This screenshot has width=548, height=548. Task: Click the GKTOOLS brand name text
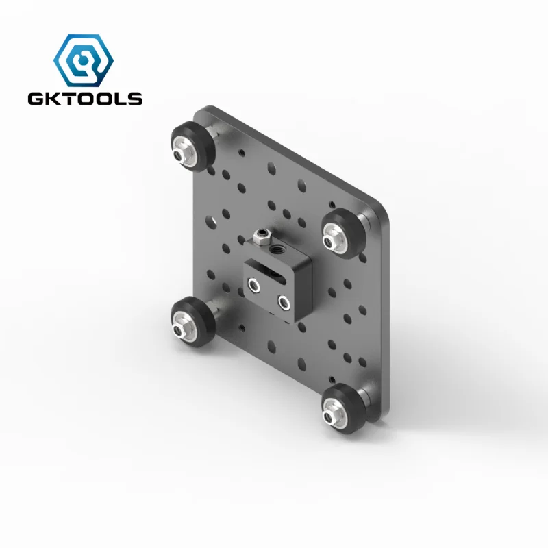(85, 99)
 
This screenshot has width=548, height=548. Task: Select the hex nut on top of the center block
(260, 237)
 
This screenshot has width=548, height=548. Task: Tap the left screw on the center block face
(255, 284)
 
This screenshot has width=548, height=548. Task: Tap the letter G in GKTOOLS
(35, 99)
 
